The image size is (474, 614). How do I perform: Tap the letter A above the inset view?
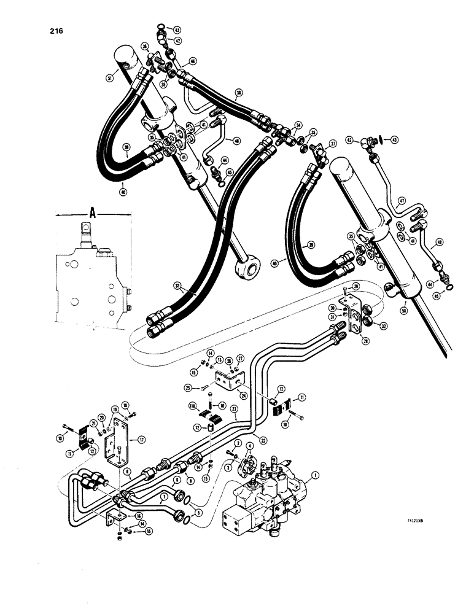click(x=92, y=213)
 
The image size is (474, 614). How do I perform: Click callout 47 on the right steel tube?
click(x=403, y=200)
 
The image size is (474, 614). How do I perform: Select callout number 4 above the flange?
click(x=249, y=446)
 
